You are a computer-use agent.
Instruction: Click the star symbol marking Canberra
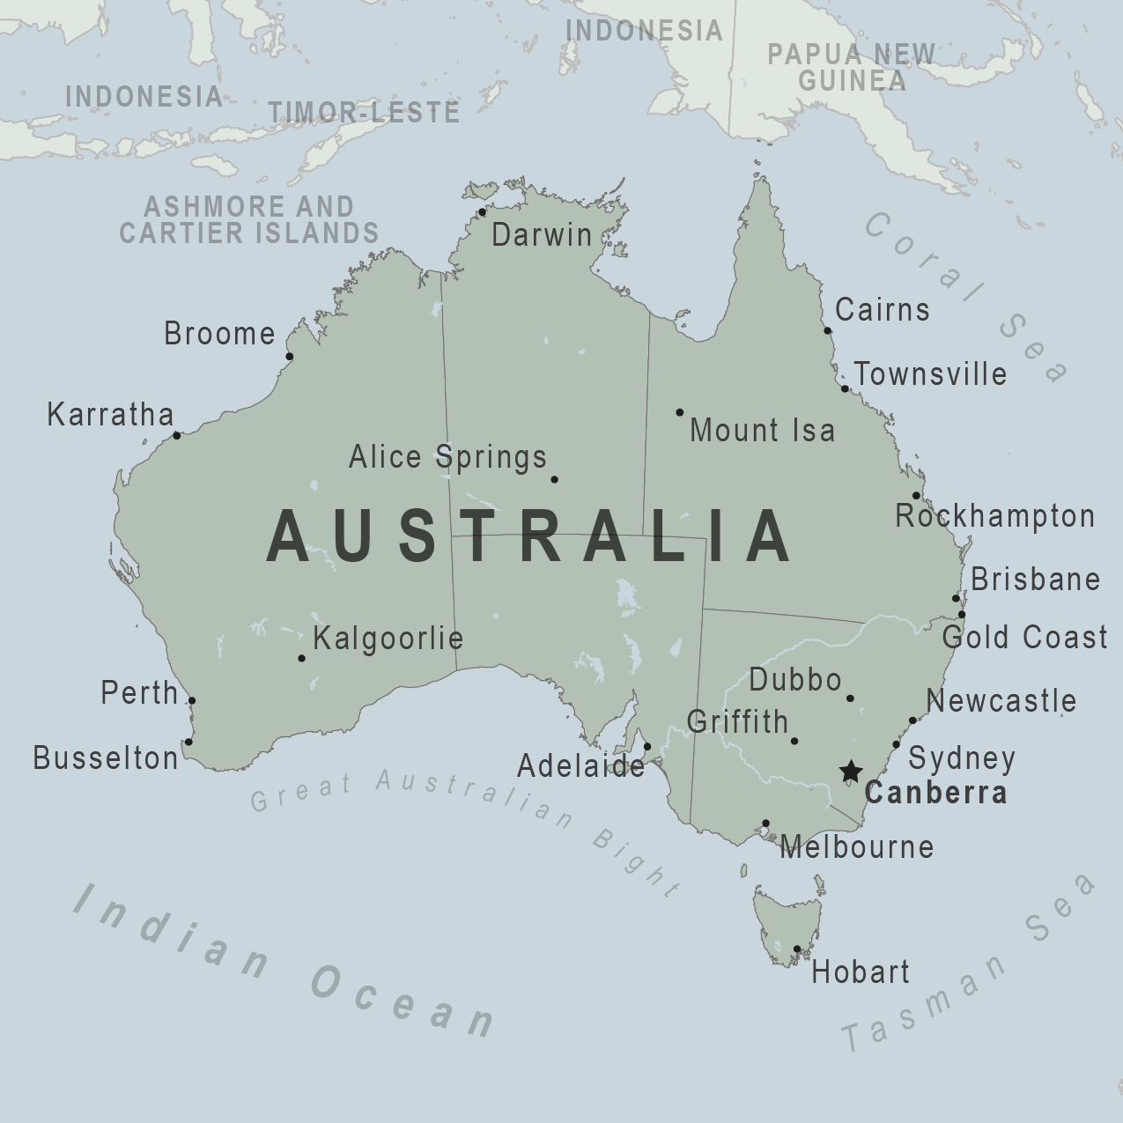[x=850, y=772]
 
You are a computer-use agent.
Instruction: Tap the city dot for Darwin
[x=482, y=212]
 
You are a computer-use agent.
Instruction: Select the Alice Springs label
[x=447, y=457]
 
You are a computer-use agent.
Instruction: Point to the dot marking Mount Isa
[x=679, y=412]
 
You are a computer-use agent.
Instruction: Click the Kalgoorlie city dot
[x=301, y=658]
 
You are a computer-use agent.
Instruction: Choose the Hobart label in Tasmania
[x=860, y=972]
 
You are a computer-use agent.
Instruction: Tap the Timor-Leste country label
[x=364, y=112]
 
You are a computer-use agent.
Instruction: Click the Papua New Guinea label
[x=851, y=67]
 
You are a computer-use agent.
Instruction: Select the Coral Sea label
[x=964, y=295]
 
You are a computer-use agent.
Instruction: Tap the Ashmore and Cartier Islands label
[x=249, y=219]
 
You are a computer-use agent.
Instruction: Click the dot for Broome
[x=290, y=357]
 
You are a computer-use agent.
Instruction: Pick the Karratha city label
[x=110, y=414]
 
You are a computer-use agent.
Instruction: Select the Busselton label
[x=106, y=757]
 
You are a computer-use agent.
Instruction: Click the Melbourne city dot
[x=765, y=824]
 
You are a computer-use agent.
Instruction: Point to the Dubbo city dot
[x=850, y=698]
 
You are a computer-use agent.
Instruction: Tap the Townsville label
[x=930, y=373]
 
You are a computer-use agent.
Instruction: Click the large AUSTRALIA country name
[x=530, y=536]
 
